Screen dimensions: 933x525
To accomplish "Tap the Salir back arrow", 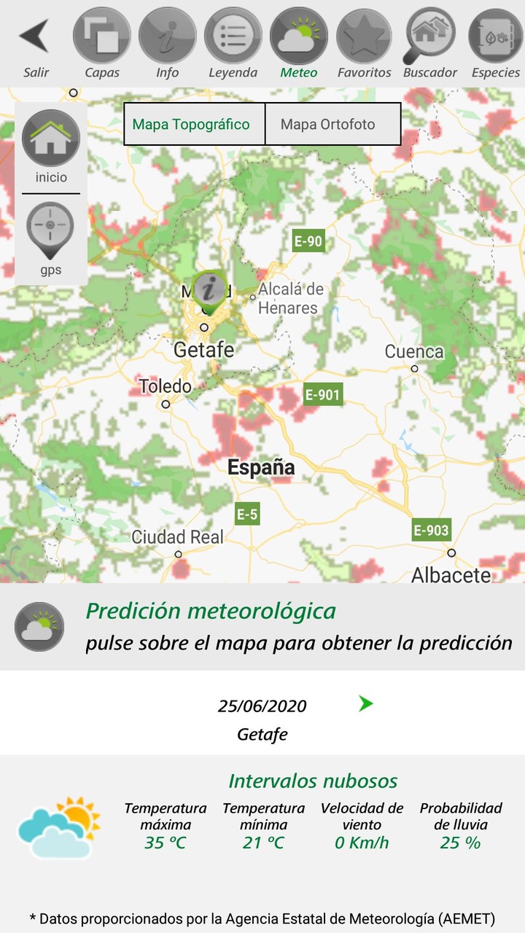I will coord(35,36).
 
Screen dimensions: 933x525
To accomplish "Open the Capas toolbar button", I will coord(102,36).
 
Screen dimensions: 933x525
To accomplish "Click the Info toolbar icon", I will coord(168,36).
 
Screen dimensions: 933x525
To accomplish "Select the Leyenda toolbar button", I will coord(233,36).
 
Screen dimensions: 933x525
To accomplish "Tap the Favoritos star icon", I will coord(365,36).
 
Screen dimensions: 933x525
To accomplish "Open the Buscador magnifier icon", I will coord(429,36).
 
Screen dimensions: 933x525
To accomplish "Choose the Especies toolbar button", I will coord(496,36).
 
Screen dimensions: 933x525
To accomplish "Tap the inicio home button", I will coord(51,141).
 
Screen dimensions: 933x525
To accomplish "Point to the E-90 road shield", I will coord(308,241).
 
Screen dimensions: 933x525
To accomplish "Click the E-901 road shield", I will coord(322,394).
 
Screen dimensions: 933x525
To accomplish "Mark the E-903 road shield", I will coord(431,530).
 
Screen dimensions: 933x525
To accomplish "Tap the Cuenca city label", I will coord(414,352).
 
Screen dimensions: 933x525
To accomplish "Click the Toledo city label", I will coord(166,386).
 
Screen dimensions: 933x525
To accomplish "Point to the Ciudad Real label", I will coord(178,538).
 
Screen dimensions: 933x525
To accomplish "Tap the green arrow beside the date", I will coord(366,703).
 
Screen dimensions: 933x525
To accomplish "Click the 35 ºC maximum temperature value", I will coord(165,843).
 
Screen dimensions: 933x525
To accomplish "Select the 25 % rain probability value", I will coord(461,843).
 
